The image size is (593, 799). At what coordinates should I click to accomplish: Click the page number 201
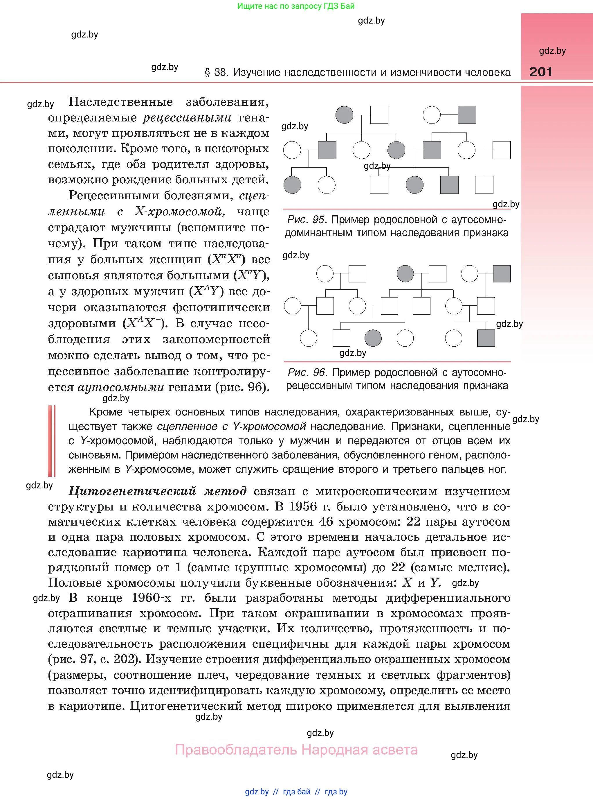click(x=540, y=71)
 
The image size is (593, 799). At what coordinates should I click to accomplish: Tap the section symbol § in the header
click(x=207, y=73)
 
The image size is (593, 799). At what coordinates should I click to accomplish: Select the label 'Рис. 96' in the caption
click(x=307, y=372)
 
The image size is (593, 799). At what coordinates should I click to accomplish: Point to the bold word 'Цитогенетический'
click(x=132, y=491)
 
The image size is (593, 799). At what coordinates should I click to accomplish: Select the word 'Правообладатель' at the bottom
click(x=236, y=750)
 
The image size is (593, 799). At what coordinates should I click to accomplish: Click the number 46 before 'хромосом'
click(x=326, y=521)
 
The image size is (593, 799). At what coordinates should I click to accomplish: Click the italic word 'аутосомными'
click(x=121, y=387)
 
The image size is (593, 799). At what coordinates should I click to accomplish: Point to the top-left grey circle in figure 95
click(x=344, y=115)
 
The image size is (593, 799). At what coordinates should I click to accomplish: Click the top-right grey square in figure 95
click(x=467, y=115)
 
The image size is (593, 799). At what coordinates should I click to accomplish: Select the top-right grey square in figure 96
click(x=502, y=274)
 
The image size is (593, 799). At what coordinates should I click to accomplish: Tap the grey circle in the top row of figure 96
click(x=405, y=274)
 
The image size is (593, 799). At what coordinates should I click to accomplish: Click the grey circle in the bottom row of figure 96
click(x=373, y=338)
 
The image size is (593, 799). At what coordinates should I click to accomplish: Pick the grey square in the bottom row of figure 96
click(x=486, y=338)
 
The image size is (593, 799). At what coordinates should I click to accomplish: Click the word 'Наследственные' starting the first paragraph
click(x=121, y=102)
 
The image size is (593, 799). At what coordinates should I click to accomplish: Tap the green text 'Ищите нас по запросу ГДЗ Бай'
click(x=296, y=6)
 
